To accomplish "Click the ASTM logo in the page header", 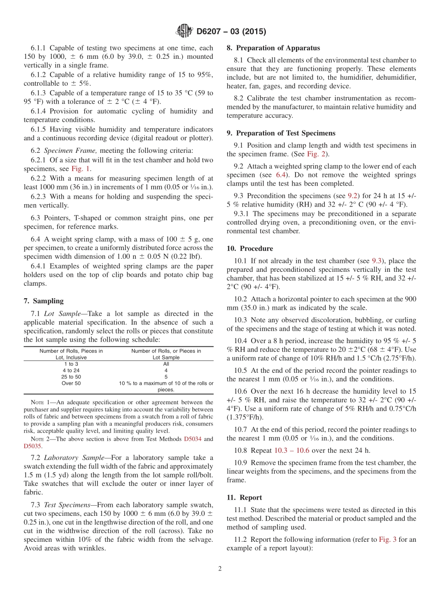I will pyautogui.click(x=184, y=31).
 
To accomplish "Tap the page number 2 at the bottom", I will pyautogui.click(x=220, y=569).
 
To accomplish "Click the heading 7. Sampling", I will pyautogui.click(x=44, y=301).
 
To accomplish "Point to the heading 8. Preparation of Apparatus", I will pyautogui.click(x=273, y=48).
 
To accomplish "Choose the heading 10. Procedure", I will pyautogui.click(x=250, y=249).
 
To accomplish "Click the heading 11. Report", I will pyautogui.click(x=244, y=497).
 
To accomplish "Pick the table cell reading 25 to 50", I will pyautogui.click(x=71, y=376).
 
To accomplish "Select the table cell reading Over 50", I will pyautogui.click(x=71, y=383).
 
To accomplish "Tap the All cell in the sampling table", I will pyautogui.click(x=166, y=363).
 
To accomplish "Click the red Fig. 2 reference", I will pyautogui.click(x=315, y=154).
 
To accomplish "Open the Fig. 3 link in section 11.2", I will pyautogui.click(x=387, y=539).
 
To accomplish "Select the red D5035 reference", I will pyautogui.click(x=32, y=446).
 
